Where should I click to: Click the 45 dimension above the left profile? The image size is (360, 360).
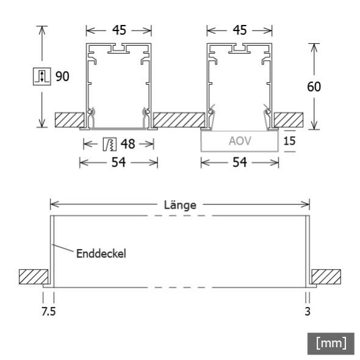tap(118, 30)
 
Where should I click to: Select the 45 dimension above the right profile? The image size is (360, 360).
tap(240, 30)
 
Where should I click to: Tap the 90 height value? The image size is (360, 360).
tap(63, 77)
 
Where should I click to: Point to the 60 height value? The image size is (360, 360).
tap(314, 86)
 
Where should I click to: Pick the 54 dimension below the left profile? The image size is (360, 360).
tap(118, 163)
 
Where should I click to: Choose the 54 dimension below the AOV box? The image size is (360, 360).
tap(240, 163)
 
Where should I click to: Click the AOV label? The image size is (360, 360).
tap(239, 140)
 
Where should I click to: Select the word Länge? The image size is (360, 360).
tap(180, 205)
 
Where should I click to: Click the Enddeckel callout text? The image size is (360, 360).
tap(101, 253)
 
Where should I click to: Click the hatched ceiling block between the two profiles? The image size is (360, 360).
tap(178, 120)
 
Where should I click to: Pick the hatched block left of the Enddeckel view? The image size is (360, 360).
tap(34, 277)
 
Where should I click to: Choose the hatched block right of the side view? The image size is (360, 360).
tap(326, 277)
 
